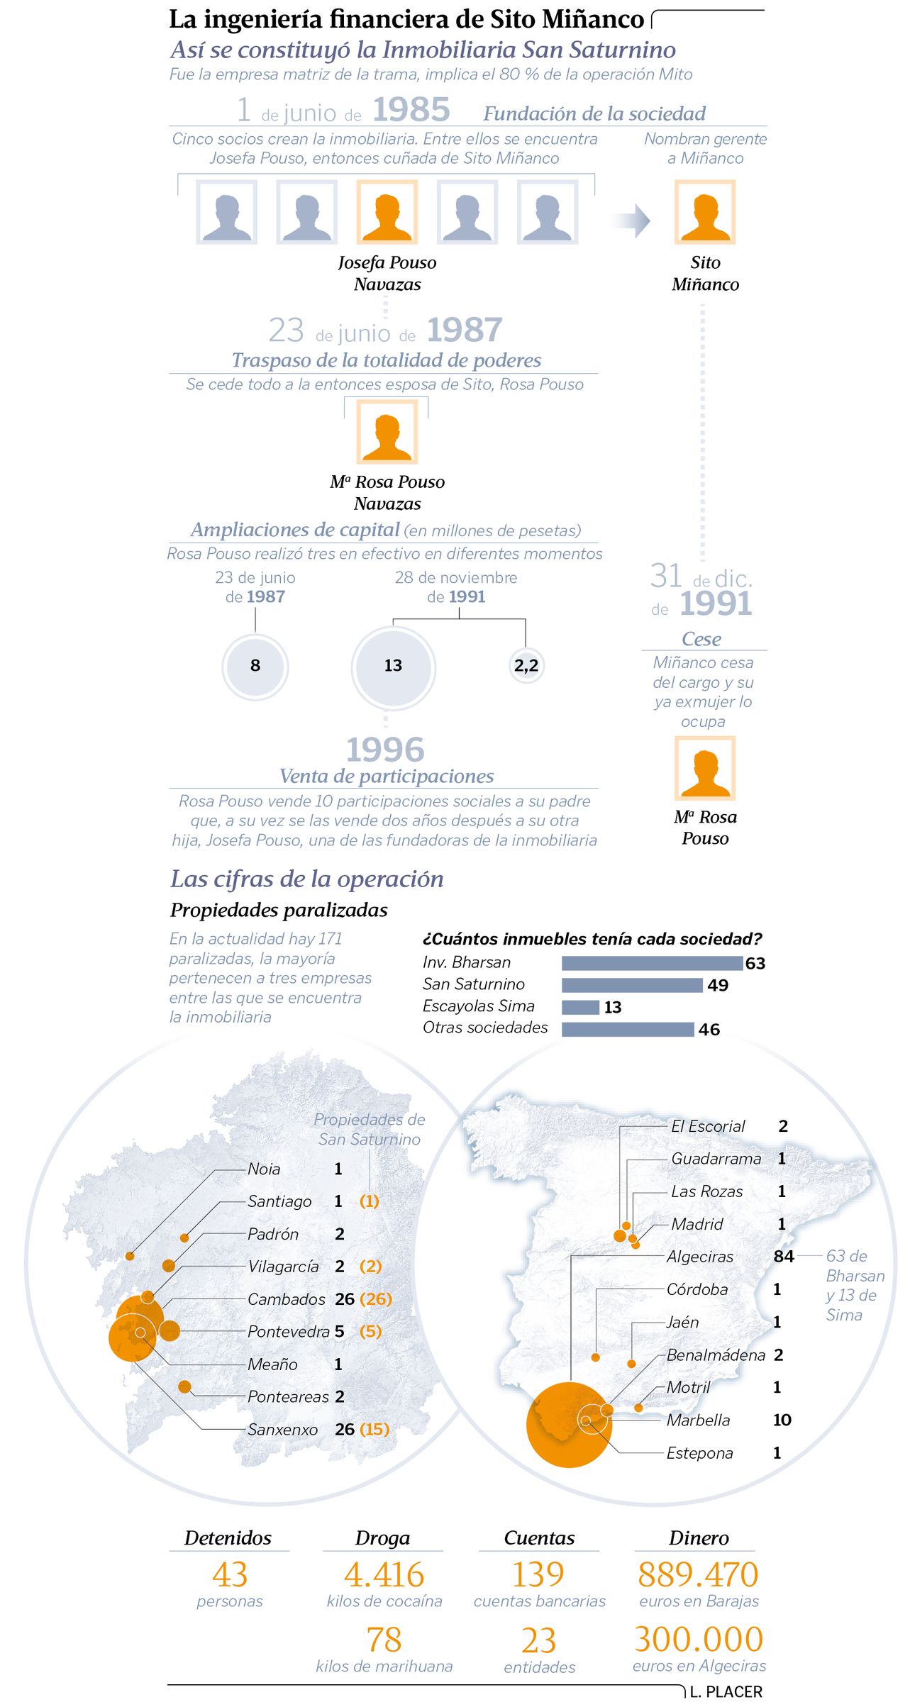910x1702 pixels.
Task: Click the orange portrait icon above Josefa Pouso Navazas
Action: point(387,212)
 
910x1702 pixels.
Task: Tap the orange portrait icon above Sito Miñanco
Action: point(704,212)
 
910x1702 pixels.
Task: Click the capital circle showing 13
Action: point(393,666)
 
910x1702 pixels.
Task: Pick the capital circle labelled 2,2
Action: point(526,666)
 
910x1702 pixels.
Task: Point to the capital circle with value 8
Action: point(255,666)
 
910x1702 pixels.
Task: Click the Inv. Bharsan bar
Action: point(652,963)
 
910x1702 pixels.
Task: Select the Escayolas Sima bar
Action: point(580,1007)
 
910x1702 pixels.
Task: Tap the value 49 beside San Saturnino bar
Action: point(718,985)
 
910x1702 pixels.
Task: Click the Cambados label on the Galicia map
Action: point(286,1299)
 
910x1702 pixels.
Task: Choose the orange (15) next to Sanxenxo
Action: point(374,1429)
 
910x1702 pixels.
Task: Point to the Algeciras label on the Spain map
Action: point(700,1257)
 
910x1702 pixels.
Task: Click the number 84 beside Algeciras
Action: point(784,1257)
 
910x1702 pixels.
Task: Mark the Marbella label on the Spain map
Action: point(698,1420)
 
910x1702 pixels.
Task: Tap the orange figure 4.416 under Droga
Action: point(384,1575)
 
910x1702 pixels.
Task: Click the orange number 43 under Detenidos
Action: point(229,1575)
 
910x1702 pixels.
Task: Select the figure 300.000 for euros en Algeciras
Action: point(699,1640)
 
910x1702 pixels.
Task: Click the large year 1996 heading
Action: point(385,750)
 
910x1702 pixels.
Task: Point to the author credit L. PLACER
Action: point(726,1691)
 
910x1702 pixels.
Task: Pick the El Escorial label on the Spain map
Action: point(708,1126)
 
